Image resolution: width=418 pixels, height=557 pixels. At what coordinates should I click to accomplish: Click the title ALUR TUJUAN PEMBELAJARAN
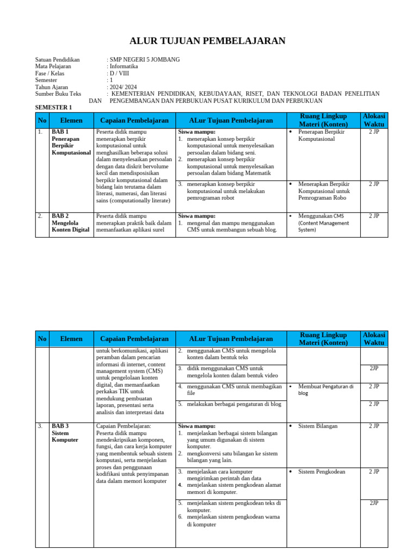click(x=207, y=41)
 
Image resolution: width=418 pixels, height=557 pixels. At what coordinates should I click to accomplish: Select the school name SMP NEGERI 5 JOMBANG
click(x=145, y=59)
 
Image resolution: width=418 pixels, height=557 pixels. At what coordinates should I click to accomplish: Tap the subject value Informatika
click(x=124, y=66)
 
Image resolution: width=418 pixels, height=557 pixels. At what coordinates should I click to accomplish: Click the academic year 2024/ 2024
click(x=124, y=87)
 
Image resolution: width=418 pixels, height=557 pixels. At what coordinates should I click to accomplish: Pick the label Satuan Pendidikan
click(x=57, y=59)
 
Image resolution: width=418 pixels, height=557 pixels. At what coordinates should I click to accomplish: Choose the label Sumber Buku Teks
click(x=58, y=94)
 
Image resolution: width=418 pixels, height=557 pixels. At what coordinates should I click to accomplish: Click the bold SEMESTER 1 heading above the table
click(x=53, y=108)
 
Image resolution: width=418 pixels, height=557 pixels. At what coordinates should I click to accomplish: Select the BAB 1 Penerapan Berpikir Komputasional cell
click(x=71, y=143)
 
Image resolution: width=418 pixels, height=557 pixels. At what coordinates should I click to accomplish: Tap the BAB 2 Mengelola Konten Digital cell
click(x=70, y=222)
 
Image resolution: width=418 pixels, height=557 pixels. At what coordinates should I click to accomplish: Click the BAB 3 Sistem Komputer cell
click(x=65, y=432)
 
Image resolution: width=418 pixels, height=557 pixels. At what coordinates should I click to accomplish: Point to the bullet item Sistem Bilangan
click(x=318, y=426)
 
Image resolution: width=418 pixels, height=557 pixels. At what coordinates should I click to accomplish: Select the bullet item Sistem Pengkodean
click(x=321, y=472)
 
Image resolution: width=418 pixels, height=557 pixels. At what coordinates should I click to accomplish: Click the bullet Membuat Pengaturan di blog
click(x=325, y=389)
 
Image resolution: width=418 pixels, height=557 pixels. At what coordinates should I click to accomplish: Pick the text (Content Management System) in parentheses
click(x=323, y=226)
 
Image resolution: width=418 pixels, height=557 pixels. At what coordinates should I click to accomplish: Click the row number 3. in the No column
click(x=40, y=426)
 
